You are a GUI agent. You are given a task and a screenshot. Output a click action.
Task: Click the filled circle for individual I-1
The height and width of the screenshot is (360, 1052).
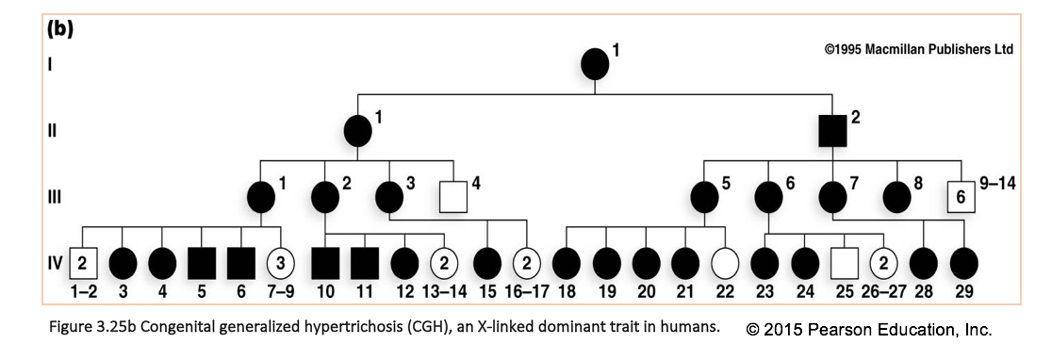point(594,65)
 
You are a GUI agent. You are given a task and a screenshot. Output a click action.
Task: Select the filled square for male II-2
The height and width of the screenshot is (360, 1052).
point(831,131)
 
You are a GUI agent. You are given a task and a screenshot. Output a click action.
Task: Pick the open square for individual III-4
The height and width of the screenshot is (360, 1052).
point(455,197)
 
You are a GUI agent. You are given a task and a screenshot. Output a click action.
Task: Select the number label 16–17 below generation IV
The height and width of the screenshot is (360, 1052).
point(526,290)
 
